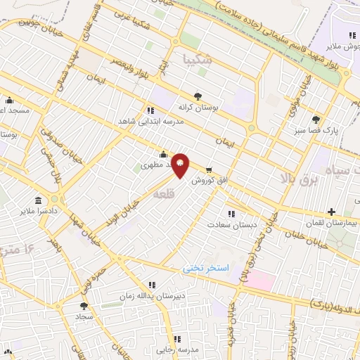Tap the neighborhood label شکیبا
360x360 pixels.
click(x=195, y=60)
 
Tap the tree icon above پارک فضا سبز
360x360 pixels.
click(x=316, y=120)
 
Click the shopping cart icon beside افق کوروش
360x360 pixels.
click(x=209, y=169)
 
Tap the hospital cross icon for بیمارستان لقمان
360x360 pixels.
click(x=331, y=211)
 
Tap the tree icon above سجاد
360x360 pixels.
click(x=84, y=306)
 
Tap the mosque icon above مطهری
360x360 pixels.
click(x=163, y=155)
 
